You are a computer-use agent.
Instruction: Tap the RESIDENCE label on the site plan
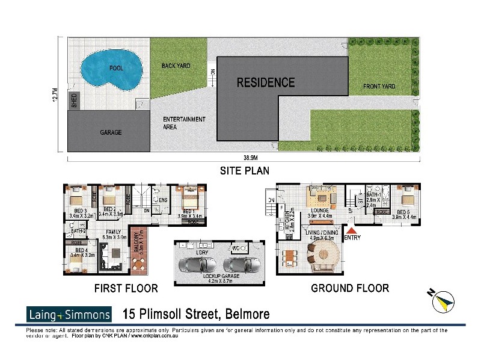tap(265, 82)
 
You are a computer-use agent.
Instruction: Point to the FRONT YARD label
tap(379, 87)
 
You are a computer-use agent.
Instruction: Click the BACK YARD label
tap(176, 66)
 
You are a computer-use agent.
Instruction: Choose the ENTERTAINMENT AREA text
tap(184, 123)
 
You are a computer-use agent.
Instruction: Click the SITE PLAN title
tap(244, 171)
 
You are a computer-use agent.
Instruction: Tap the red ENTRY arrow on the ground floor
tap(352, 229)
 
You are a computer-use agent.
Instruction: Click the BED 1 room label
tap(189, 212)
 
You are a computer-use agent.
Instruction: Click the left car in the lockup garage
tap(198, 265)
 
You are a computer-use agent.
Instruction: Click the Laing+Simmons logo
tap(69, 314)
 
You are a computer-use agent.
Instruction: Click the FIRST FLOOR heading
tap(126, 289)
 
